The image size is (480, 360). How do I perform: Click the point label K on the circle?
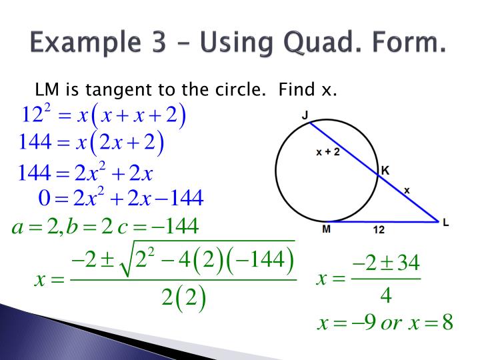[385, 171]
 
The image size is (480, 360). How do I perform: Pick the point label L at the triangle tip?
[445, 223]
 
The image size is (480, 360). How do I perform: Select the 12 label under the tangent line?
[378, 230]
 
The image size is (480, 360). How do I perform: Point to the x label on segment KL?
[407, 190]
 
